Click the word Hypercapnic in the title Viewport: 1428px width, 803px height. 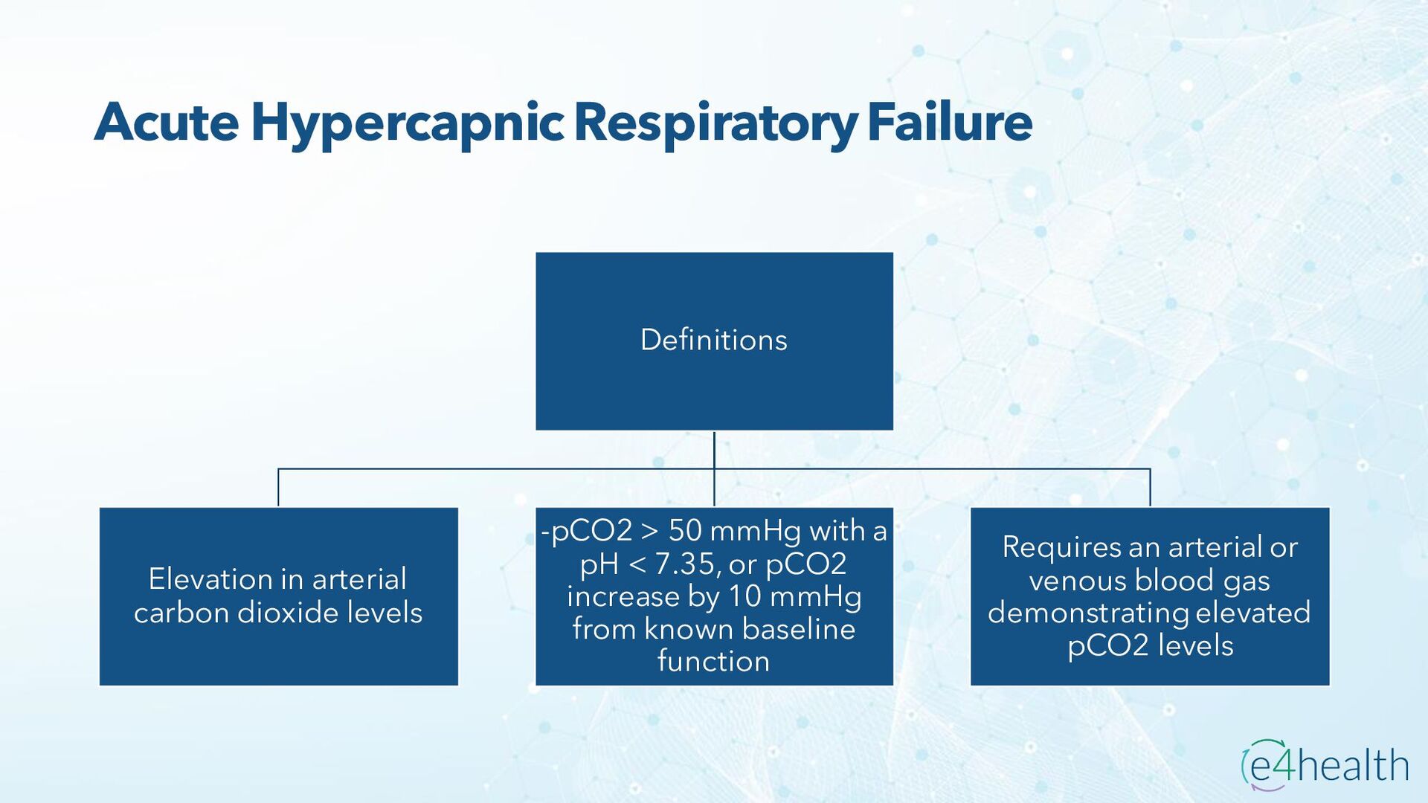click(408, 123)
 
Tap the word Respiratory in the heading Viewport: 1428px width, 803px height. click(715, 123)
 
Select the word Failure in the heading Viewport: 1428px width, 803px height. click(950, 122)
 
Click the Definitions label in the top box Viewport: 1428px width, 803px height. click(713, 340)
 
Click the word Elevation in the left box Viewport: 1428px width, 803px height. click(210, 579)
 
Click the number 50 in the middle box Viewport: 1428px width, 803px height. click(685, 531)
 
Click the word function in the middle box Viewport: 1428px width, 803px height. click(713, 661)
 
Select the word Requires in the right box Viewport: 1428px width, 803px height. click(1061, 547)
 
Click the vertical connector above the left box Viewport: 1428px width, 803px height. click(278, 488)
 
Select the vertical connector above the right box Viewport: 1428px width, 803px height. click(1150, 488)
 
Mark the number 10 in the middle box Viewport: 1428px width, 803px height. click(744, 596)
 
